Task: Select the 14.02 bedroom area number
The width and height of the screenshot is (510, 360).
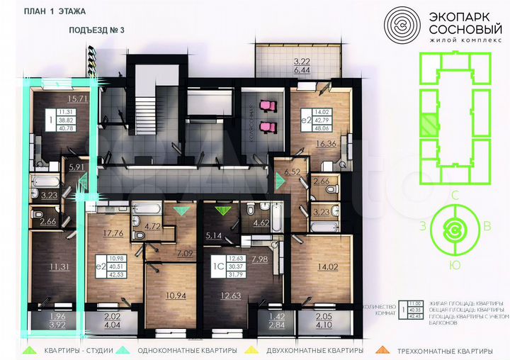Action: point(328,267)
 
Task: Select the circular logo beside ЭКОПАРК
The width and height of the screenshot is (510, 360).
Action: point(402,26)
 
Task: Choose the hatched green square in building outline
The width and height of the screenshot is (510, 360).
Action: point(428,125)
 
